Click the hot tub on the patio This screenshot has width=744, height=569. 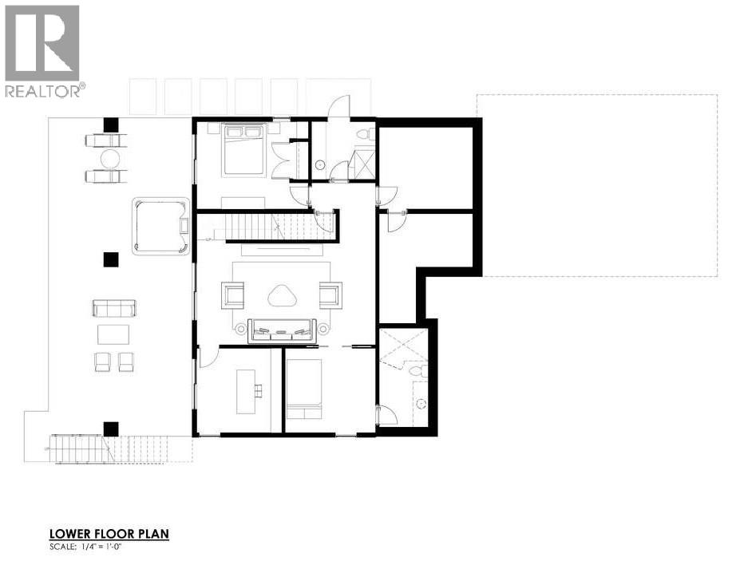pos(161,227)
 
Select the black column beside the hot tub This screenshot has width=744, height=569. pos(110,259)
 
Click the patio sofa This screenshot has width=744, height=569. pos(114,308)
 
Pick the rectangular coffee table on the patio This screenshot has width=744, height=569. pos(113,334)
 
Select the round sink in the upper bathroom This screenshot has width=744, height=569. pos(319,164)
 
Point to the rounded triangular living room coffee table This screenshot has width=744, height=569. pos(282,297)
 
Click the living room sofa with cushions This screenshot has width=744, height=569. pos(282,328)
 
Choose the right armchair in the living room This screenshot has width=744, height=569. pos(330,294)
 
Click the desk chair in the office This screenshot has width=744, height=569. pos(258,390)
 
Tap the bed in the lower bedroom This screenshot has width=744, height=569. pos(303,389)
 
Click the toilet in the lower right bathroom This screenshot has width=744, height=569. pos(418,370)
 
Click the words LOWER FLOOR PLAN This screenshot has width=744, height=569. pos(109,534)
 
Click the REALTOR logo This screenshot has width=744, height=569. pos(43,50)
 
